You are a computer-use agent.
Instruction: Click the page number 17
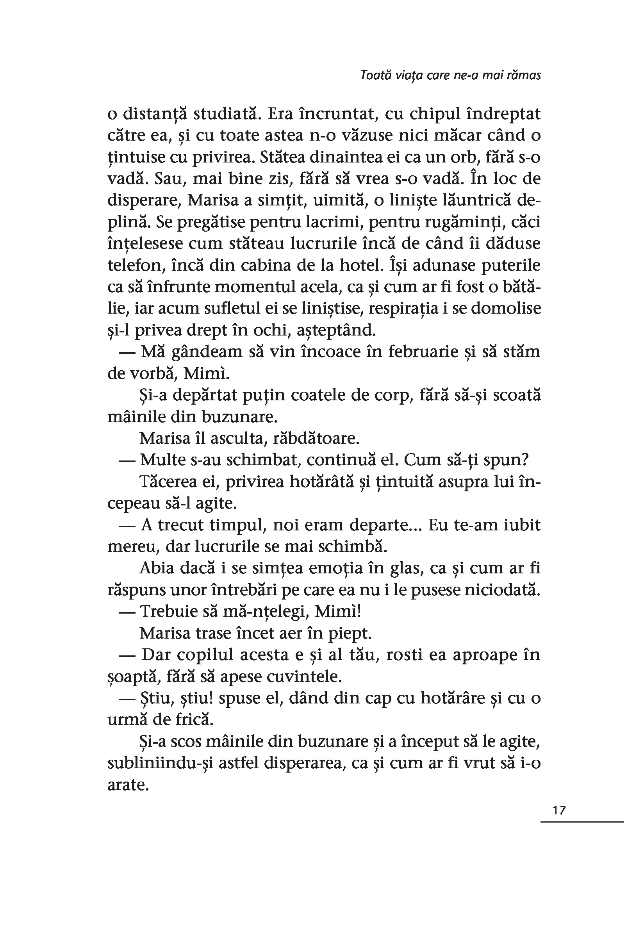point(559,810)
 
